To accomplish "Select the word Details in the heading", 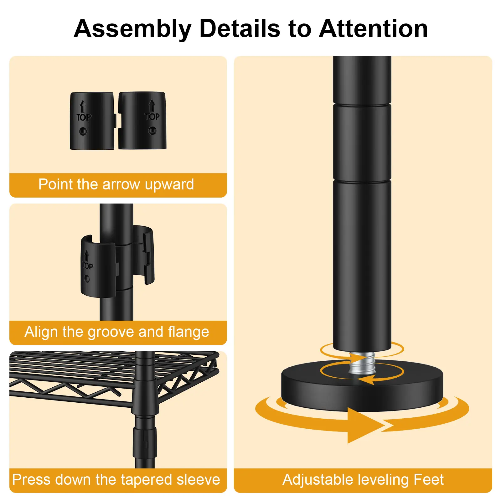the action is [x=240, y=28].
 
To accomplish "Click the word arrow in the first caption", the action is [x=121, y=184].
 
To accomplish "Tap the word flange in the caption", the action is [x=189, y=332].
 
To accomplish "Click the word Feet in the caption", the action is [x=428, y=480].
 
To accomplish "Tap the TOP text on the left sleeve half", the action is [x=84, y=117].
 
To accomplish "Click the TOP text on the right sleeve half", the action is [x=152, y=117].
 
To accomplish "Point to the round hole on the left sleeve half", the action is [x=83, y=131].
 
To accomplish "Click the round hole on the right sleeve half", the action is [x=152, y=130].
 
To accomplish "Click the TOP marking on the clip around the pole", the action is [x=88, y=266].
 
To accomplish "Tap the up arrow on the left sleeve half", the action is [x=83, y=106].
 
